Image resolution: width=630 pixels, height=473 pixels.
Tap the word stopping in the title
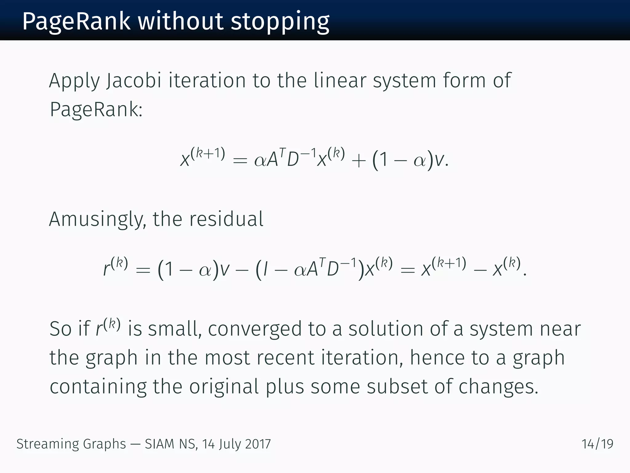pos(280,22)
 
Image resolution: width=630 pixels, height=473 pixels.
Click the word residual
pos(226,219)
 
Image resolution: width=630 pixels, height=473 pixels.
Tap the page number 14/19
pos(597,444)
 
